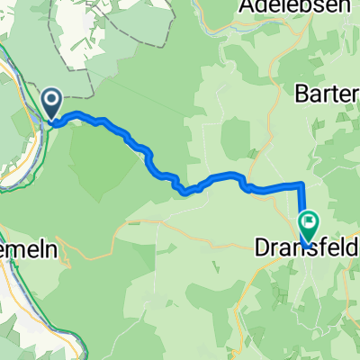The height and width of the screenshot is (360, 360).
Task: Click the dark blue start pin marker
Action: (x=50, y=103)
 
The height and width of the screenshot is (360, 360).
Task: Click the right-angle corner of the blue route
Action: (x=300, y=184)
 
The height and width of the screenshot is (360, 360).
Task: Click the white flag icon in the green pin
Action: (x=310, y=218)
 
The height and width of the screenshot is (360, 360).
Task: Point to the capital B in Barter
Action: (x=303, y=93)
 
